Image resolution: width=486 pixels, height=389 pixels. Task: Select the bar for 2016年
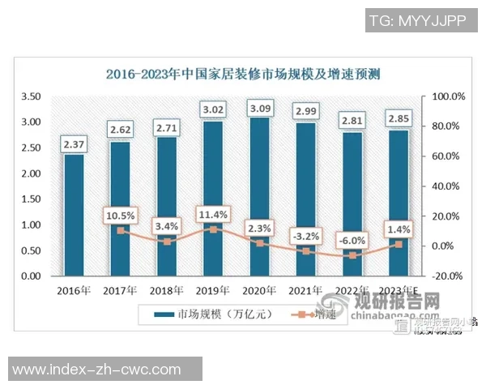coord(74,215)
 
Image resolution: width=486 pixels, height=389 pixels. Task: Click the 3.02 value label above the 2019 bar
coord(213,109)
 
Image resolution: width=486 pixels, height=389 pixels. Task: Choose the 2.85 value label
coord(398,119)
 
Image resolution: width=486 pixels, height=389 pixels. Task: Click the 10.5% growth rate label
coord(120,215)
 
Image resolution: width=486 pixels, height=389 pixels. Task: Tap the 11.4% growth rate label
coord(213,214)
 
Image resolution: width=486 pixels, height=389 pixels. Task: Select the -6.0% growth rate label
coord(352,240)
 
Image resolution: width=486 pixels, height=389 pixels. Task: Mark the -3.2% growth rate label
coord(305,236)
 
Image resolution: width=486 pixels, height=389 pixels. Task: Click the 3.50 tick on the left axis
coord(30,96)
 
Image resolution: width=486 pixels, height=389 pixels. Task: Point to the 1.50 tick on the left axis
coord(30,199)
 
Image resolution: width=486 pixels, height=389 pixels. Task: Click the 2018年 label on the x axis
coord(166,290)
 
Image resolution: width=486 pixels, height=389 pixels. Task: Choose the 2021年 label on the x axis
coord(305,290)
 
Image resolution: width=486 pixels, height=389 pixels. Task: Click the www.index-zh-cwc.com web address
coord(97,370)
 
